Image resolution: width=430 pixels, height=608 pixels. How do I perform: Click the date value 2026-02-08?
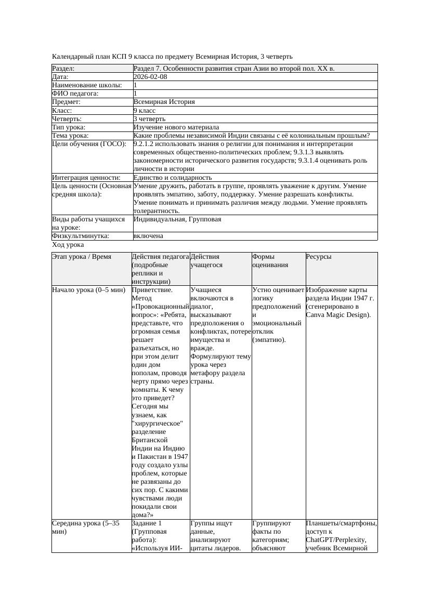tap(150, 77)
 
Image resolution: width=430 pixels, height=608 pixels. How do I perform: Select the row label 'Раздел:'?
tap(63, 69)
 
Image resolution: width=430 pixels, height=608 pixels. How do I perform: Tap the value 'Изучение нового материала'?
tap(176, 127)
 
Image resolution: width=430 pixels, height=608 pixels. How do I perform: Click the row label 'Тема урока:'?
tap(70, 136)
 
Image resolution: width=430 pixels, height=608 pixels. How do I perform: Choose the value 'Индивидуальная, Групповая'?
tap(177, 219)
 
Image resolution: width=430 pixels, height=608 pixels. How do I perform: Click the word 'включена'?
tap(148, 236)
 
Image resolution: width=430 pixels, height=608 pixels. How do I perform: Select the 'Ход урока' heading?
tap(68, 245)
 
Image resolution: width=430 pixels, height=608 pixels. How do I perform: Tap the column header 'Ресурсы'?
tap(319, 257)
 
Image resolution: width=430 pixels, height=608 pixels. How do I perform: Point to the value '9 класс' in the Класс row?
tap(145, 111)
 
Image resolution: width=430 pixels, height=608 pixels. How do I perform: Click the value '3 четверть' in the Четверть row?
tap(149, 119)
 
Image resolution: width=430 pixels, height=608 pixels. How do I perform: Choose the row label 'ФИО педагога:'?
tap(75, 94)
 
